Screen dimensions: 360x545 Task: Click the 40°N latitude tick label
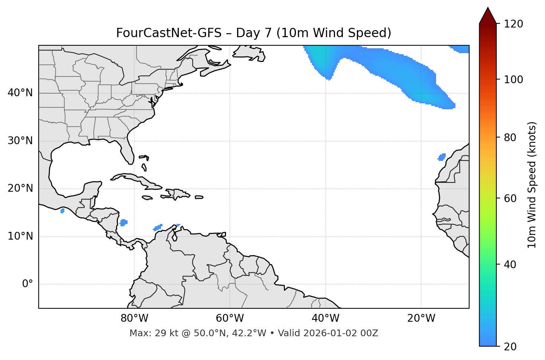pos(20,93)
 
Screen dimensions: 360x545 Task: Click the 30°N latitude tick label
pos(20,141)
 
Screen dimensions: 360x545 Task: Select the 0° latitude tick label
pos(27,284)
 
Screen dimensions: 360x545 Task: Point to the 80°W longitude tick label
pos(134,318)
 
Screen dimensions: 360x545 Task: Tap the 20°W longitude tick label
pos(421,318)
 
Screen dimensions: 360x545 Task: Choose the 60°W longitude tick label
pos(230,318)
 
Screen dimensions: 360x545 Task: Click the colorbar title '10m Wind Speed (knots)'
pos(532,185)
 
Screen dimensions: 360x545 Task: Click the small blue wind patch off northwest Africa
pos(442,157)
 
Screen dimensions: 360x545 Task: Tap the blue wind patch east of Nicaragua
pos(123,223)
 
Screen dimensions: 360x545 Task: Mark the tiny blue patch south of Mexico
pos(62,211)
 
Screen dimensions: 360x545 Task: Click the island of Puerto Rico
pos(199,197)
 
